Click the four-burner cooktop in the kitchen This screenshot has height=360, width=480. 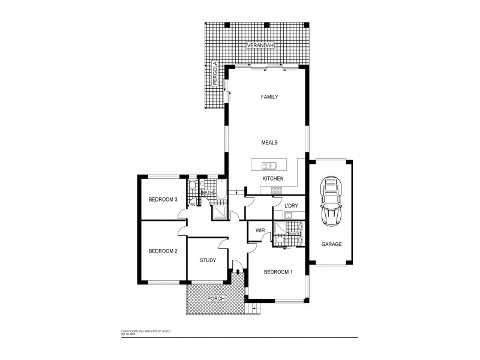276,190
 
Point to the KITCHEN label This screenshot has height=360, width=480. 273,179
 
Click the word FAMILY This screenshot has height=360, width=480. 269,97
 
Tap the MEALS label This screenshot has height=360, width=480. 269,143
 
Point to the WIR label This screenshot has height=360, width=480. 260,230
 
